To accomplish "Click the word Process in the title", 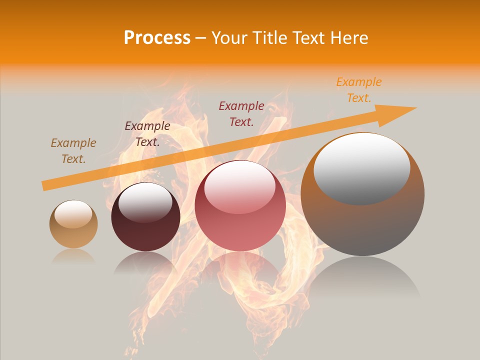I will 157,38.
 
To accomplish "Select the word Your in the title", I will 227,38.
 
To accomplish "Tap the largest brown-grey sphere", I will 362,220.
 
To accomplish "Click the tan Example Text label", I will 73,151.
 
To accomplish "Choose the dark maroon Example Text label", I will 147,134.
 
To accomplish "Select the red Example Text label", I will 241,113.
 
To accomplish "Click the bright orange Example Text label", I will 358,90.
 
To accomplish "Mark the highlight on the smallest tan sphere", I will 73,214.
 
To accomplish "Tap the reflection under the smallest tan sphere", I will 73,256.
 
